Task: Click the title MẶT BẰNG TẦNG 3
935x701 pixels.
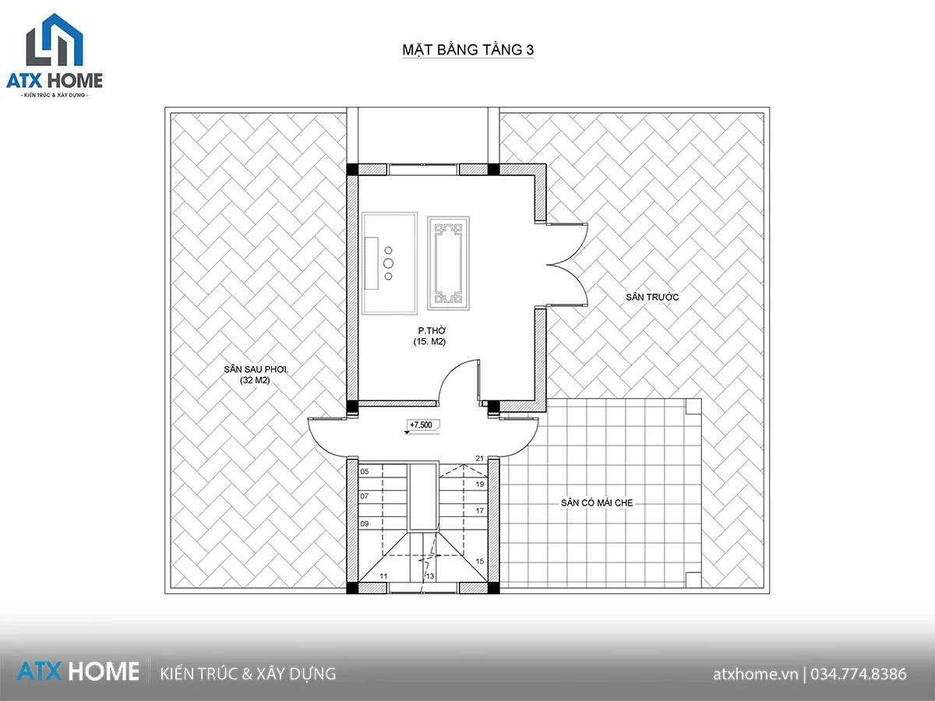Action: [467, 50]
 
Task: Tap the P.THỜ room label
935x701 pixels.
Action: [432, 330]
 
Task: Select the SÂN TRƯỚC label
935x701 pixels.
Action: [652, 297]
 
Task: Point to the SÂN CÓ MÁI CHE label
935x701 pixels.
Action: [597, 502]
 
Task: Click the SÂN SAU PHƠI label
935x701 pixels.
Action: [256, 369]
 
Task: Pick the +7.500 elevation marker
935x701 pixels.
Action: [421, 424]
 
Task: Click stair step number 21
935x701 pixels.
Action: [480, 459]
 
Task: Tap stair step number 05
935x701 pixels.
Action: [364, 471]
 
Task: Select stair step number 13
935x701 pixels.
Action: [430, 576]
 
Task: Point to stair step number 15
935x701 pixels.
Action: [480, 562]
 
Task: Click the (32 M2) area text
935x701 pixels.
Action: [255, 380]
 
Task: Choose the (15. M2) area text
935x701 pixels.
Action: [429, 341]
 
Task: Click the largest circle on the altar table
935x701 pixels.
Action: [388, 263]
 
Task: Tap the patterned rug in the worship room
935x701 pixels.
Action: [449, 263]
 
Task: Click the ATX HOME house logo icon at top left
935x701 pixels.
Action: [55, 40]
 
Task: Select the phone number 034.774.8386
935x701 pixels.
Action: [859, 674]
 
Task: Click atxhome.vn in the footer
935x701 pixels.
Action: [755, 674]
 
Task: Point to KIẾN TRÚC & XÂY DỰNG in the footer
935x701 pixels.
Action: [248, 674]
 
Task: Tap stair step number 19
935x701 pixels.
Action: [480, 484]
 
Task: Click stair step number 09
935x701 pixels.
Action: [364, 523]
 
